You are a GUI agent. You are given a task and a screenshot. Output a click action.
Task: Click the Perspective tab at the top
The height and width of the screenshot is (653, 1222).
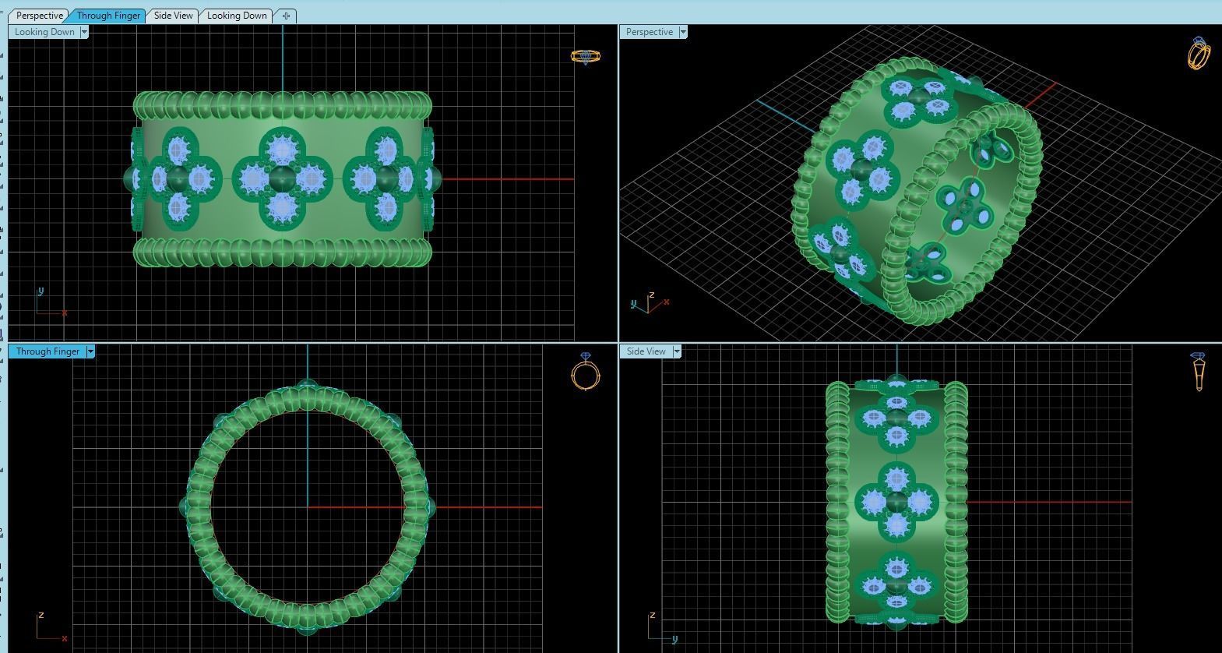[39, 16]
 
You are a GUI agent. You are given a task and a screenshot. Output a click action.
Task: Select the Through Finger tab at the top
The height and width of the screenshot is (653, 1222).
[107, 16]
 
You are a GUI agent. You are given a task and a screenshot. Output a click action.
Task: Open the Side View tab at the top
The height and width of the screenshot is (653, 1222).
[173, 16]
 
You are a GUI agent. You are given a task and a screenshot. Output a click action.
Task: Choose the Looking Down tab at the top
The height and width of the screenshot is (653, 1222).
[237, 16]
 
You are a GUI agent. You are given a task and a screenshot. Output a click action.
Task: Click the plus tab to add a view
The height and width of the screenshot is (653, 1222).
[286, 16]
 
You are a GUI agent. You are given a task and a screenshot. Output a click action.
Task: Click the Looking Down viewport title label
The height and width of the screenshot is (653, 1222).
[44, 32]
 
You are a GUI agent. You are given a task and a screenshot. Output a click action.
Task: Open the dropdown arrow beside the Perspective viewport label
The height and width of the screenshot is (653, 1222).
[683, 32]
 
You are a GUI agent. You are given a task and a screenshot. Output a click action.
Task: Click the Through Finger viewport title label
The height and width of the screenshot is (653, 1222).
[48, 351]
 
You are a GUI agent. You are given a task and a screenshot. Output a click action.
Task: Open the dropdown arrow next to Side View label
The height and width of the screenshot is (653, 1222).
[677, 351]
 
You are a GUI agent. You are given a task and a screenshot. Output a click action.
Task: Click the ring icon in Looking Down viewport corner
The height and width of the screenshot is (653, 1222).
[585, 56]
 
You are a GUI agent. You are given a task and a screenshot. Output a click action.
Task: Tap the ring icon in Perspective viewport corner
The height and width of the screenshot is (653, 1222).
[1199, 53]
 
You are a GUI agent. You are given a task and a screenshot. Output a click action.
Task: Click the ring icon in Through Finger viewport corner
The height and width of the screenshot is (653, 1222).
[586, 372]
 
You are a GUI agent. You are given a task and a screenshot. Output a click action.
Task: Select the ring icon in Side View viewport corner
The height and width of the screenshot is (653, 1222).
[1198, 372]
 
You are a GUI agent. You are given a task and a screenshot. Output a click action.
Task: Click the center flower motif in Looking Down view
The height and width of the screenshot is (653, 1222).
[282, 179]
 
